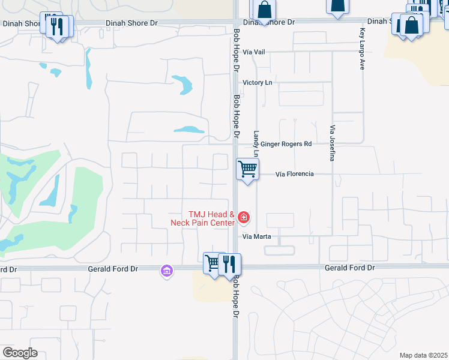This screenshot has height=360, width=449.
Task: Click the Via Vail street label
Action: pyautogui.click(x=254, y=52)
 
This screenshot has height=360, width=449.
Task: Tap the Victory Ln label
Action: pyautogui.click(x=256, y=82)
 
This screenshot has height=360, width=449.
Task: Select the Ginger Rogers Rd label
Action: pyautogui.click(x=286, y=144)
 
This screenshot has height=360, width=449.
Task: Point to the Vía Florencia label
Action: pyautogui.click(x=294, y=174)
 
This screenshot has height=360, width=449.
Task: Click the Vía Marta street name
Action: pyautogui.click(x=257, y=236)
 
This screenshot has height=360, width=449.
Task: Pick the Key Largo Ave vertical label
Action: pyautogui.click(x=362, y=49)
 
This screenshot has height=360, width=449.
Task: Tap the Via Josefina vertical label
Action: pyautogui.click(x=331, y=143)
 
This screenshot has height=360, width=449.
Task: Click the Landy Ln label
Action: pyautogui.click(x=256, y=140)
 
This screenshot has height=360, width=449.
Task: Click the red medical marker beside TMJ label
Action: pyautogui.click(x=244, y=217)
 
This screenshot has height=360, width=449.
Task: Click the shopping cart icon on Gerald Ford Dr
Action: pyautogui.click(x=213, y=263)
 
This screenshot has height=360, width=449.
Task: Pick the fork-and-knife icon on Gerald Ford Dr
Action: pyautogui.click(x=229, y=264)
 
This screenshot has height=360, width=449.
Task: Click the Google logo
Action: pyautogui.click(x=20, y=353)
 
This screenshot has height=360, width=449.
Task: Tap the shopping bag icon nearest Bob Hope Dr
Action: pyautogui.click(x=264, y=10)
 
